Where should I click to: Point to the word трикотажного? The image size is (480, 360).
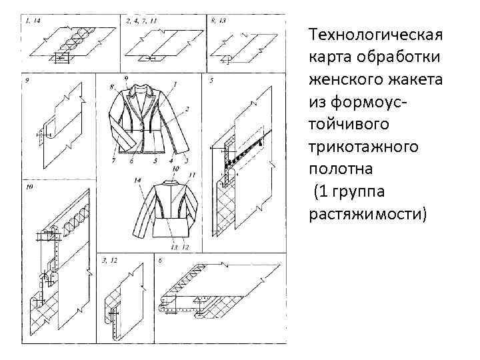(x=363, y=146)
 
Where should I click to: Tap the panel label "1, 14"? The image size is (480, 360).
(x=33, y=21)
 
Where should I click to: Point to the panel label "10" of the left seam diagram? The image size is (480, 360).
(x=29, y=188)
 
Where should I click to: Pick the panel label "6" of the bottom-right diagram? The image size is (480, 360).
(x=160, y=259)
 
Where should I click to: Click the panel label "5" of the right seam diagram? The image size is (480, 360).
(x=211, y=81)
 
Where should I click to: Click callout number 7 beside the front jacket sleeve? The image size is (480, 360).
(x=113, y=161)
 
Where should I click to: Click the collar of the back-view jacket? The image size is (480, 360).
(x=166, y=182)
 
